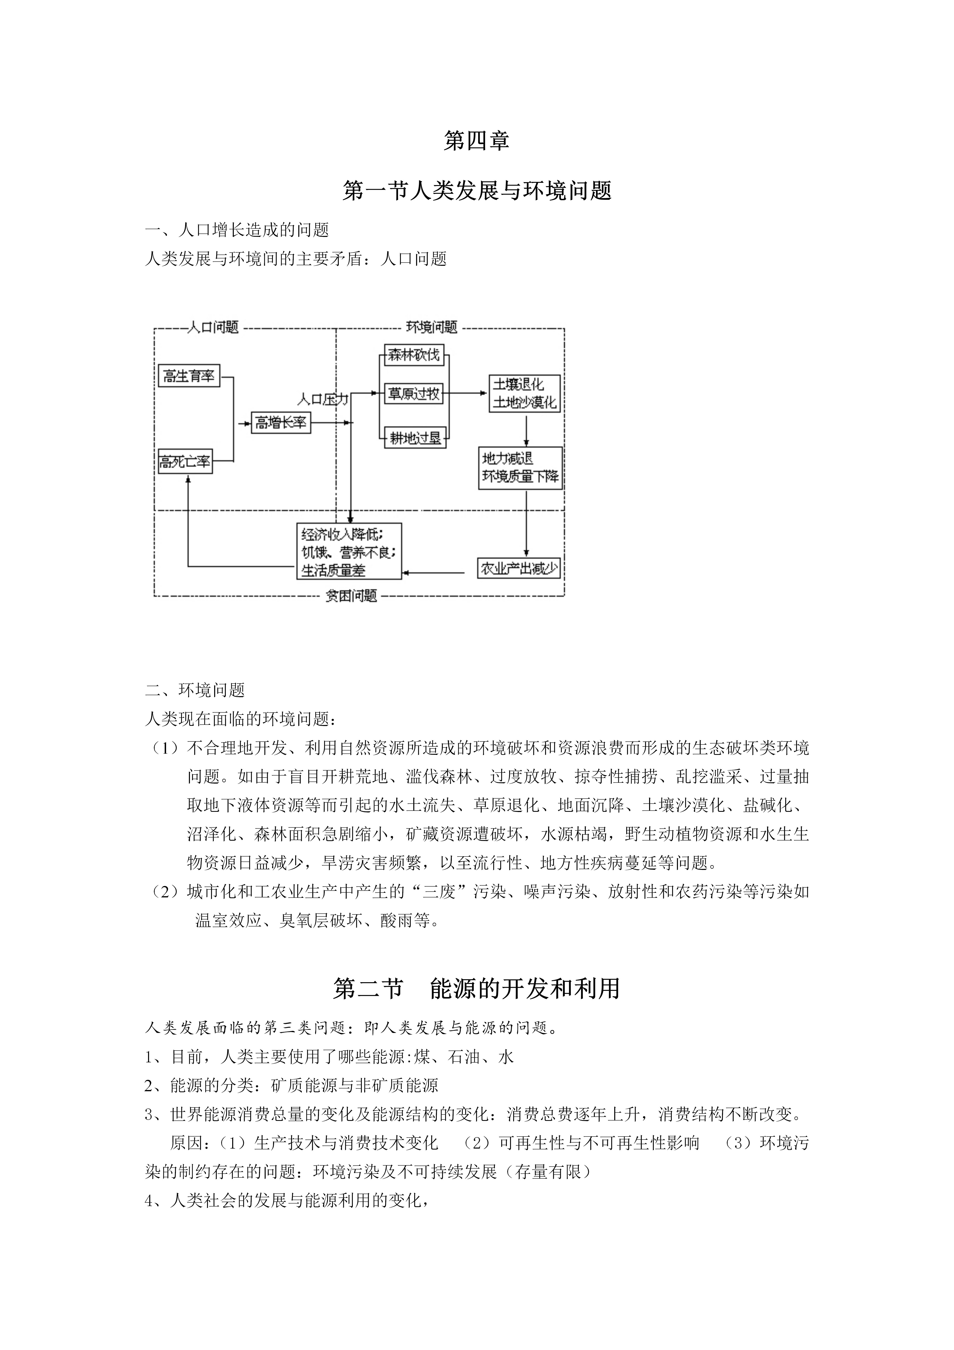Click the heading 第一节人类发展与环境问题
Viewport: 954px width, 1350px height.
pyautogui.click(x=477, y=190)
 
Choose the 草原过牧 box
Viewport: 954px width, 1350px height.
pyautogui.click(x=414, y=394)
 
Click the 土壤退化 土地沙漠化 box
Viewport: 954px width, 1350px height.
pyautogui.click(x=524, y=393)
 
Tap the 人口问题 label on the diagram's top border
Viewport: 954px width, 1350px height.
pyautogui.click(x=213, y=328)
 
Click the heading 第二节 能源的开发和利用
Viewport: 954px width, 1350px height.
pyautogui.click(x=477, y=988)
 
